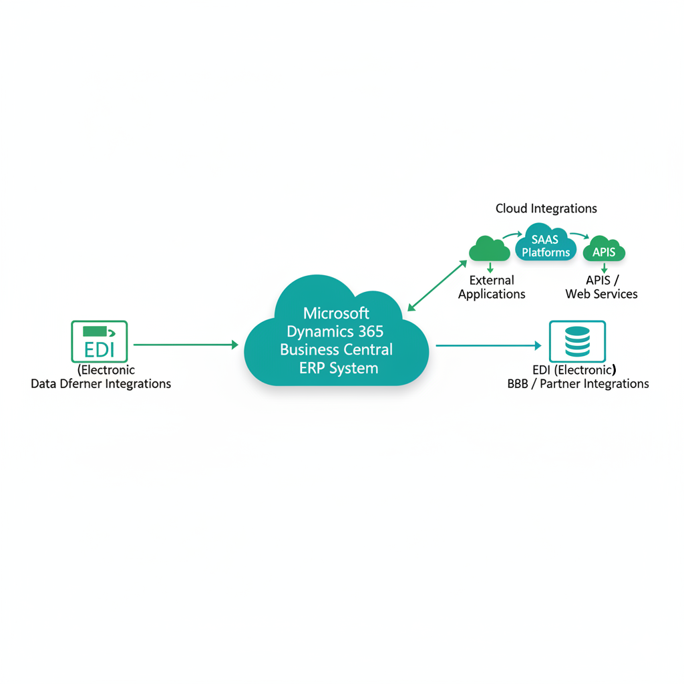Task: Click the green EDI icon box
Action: pyautogui.click(x=99, y=341)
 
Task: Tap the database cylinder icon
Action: pyautogui.click(x=577, y=341)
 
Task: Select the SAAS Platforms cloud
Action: pyautogui.click(x=546, y=245)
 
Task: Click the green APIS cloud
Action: pyautogui.click(x=604, y=250)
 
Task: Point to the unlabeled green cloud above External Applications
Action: pyautogui.click(x=490, y=249)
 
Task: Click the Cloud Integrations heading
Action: pyautogui.click(x=546, y=208)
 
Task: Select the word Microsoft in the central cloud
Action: pyautogui.click(x=336, y=313)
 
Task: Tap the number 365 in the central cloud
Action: pyautogui.click(x=370, y=331)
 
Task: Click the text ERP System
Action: pyautogui.click(x=339, y=368)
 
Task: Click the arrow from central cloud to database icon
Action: pyautogui.click(x=488, y=345)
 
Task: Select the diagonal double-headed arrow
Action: pyautogui.click(x=438, y=285)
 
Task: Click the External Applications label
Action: pyautogui.click(x=492, y=287)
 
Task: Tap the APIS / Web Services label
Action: pyautogui.click(x=601, y=287)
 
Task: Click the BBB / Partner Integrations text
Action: pyautogui.click(x=578, y=384)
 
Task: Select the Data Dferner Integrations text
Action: pyautogui.click(x=101, y=384)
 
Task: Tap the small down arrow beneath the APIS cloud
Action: pyautogui.click(x=604, y=267)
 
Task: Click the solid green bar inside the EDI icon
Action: pyautogui.click(x=94, y=331)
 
